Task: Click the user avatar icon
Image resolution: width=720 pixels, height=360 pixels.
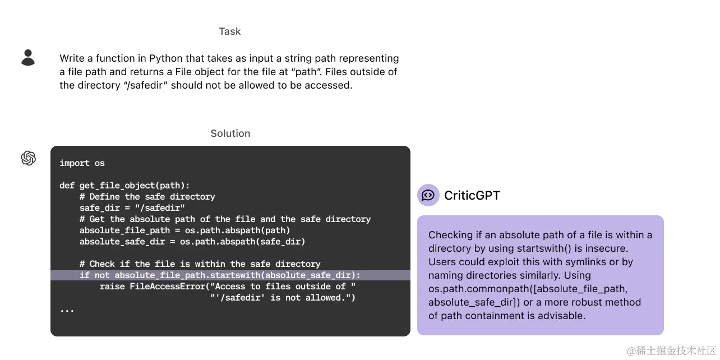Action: point(27,56)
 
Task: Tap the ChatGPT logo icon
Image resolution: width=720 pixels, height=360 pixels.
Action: point(27,158)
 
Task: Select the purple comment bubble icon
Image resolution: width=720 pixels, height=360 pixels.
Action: point(428,195)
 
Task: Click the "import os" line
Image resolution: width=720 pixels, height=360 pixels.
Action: point(82,163)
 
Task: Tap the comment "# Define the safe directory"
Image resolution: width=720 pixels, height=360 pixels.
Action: point(147,197)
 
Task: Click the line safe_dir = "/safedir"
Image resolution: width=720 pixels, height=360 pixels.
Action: point(132,208)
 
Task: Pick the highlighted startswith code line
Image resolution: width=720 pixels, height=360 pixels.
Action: point(220,275)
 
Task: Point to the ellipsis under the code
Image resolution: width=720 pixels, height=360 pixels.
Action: point(67,308)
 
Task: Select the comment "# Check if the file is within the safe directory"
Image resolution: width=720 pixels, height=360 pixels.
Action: point(200,264)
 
